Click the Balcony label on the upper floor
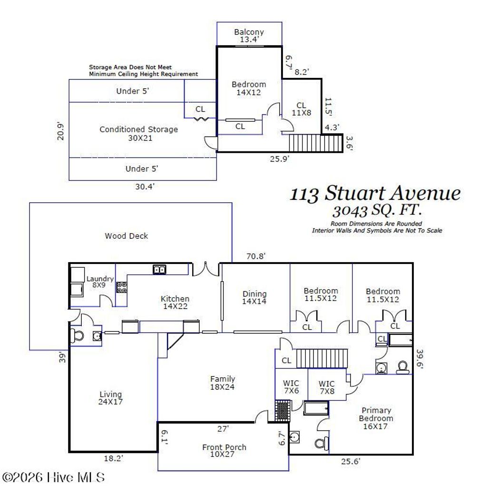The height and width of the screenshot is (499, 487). point(249,36)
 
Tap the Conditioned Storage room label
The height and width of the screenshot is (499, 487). point(138,133)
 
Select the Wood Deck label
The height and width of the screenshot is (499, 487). point(127,235)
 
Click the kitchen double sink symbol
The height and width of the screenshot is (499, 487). point(159,270)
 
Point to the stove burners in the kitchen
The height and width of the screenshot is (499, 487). point(122,287)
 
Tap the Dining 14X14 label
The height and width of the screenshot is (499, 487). point(254,298)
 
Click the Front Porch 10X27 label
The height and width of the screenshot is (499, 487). point(224,451)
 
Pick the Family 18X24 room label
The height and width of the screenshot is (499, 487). point(223,383)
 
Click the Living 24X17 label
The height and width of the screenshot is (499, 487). point(110,398)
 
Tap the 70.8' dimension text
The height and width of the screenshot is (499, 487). point(255,256)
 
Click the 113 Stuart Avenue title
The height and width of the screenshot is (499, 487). point(375,194)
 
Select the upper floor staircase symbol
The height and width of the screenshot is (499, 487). point(316,143)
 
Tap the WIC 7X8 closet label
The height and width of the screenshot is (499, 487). point(326,387)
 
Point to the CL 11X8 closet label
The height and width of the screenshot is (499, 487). point(301,109)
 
